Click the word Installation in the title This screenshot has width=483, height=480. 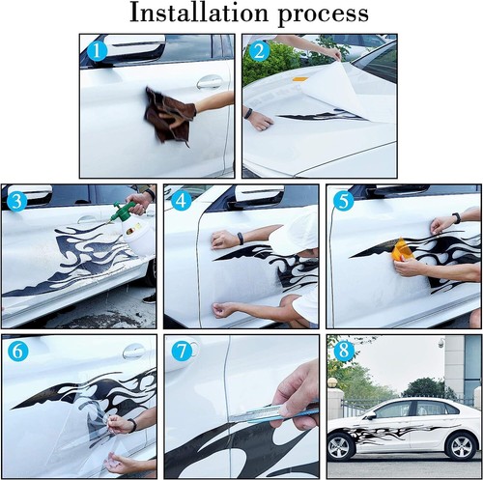click(199, 13)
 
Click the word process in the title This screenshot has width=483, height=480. click(323, 15)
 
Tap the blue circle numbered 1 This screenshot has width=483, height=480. click(97, 51)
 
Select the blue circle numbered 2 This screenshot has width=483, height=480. click(259, 51)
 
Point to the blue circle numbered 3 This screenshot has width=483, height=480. click(16, 201)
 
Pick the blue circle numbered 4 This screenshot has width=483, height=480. click(181, 201)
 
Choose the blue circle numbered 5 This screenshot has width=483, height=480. click(344, 201)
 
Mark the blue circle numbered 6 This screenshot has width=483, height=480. click(17, 352)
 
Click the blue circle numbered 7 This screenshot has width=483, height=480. click(182, 352)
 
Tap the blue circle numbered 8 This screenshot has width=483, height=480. click(344, 351)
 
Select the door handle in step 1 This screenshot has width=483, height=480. click(210, 82)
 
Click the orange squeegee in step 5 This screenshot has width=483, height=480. click(401, 249)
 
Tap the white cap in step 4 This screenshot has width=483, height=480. click(294, 231)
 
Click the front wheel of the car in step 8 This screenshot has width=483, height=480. click(340, 448)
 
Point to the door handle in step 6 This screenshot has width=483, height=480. click(133, 352)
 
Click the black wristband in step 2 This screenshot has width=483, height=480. click(248, 114)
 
